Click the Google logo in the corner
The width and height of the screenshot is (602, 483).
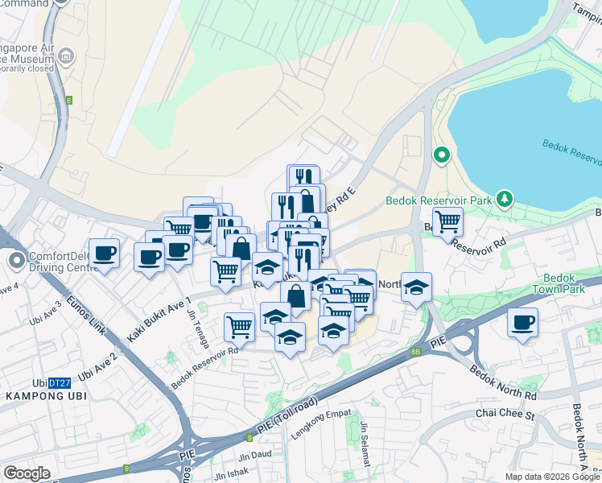[27, 473]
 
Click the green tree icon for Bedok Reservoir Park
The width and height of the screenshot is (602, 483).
[505, 197]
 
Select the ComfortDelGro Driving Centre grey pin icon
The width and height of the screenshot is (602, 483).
[17, 261]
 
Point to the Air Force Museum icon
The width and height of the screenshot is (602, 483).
[66, 57]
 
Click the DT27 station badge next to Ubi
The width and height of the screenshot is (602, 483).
[58, 382]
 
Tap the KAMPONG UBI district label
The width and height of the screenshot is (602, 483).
[47, 396]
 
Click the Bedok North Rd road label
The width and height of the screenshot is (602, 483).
[503, 384]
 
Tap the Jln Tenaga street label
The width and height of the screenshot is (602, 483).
[196, 320]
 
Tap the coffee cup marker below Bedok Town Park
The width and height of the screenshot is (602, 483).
[523, 323]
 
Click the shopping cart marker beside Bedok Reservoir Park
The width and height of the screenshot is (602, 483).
[447, 221]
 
